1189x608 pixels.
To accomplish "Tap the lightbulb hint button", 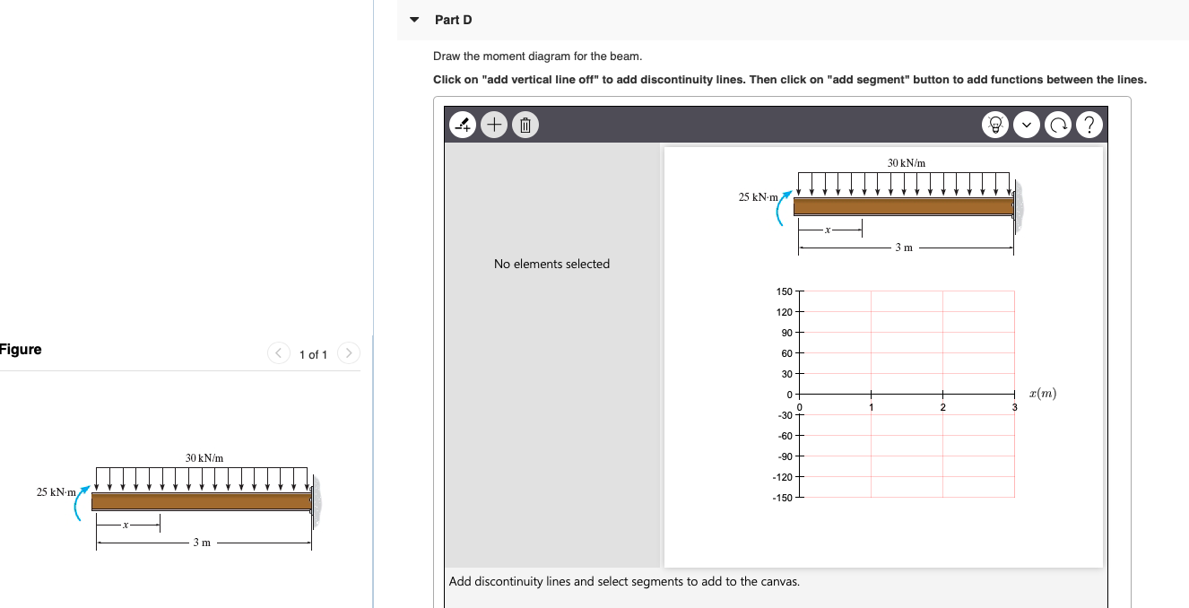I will tap(996, 126).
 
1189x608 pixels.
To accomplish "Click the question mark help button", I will tap(1089, 126).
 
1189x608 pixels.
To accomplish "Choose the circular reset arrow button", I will tap(1058, 126).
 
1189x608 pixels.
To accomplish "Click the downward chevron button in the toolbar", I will tap(1028, 126).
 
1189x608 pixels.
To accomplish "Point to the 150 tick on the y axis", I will tap(784, 291).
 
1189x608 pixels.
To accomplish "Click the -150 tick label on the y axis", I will tap(781, 498).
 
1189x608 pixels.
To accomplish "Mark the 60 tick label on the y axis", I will tap(786, 353).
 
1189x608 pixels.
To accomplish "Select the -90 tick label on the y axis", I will tap(784, 456).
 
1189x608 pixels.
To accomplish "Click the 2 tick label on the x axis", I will tap(942, 408).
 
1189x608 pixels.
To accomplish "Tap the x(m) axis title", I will tap(1043, 394).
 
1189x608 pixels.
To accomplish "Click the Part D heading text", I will tap(453, 20).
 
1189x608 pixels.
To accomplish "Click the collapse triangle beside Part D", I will tap(413, 20).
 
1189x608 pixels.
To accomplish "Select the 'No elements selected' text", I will tap(551, 264).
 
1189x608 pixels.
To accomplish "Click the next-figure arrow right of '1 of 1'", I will tap(349, 354).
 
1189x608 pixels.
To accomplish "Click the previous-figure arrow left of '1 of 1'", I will tap(279, 354).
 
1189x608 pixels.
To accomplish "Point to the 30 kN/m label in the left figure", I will tap(204, 458).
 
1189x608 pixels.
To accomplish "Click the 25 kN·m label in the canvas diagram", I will tap(758, 196).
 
